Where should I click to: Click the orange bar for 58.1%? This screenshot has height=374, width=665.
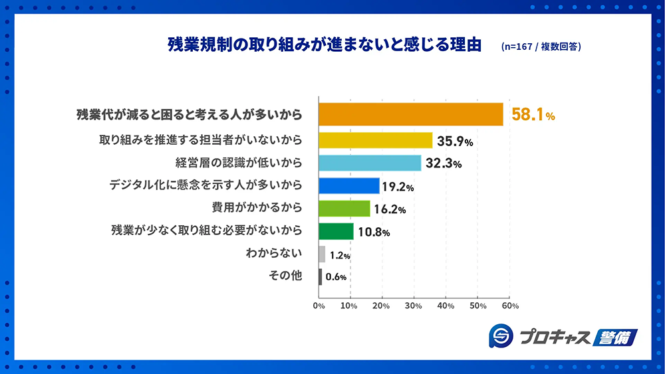(x=411, y=115)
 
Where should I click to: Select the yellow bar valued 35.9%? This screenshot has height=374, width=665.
(x=376, y=140)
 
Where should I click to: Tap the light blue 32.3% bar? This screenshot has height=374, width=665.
(x=370, y=163)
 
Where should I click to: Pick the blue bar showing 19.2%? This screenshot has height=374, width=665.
(x=349, y=185)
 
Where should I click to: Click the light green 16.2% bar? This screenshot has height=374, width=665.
(x=344, y=209)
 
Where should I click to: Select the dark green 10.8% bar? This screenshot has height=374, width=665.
(x=336, y=231)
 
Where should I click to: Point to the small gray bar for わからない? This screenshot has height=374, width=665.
(x=322, y=254)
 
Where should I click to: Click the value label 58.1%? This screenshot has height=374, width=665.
(x=533, y=116)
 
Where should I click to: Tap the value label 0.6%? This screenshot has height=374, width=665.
(x=336, y=277)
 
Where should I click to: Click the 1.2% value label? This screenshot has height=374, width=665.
(x=339, y=255)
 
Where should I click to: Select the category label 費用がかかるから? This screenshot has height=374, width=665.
(x=257, y=207)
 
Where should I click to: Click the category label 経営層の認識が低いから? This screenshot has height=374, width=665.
(x=239, y=162)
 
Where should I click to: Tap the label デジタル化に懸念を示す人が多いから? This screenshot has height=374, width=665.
(x=206, y=185)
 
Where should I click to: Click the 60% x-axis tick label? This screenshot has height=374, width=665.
(x=510, y=306)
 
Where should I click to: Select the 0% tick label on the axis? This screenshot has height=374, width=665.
(x=319, y=306)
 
